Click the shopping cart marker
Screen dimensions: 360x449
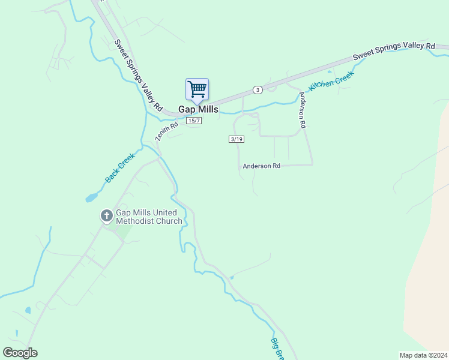click(197, 90)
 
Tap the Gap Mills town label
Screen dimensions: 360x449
click(198, 110)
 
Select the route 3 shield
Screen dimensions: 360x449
click(258, 89)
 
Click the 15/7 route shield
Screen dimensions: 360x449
click(193, 121)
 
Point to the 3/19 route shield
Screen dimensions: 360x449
click(237, 139)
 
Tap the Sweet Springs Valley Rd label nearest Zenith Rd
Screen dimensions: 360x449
click(138, 75)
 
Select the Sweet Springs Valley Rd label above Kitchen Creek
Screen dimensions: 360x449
click(393, 50)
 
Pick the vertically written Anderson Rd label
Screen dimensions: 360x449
click(303, 110)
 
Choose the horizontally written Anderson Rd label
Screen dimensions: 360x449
click(262, 166)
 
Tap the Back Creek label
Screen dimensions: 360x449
click(120, 167)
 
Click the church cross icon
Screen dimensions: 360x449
click(106, 215)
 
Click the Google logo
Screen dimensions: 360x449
click(20, 353)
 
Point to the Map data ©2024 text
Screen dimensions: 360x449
click(424, 355)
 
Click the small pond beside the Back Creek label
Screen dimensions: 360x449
click(91, 197)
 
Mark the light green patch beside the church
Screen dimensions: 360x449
click(122, 231)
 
